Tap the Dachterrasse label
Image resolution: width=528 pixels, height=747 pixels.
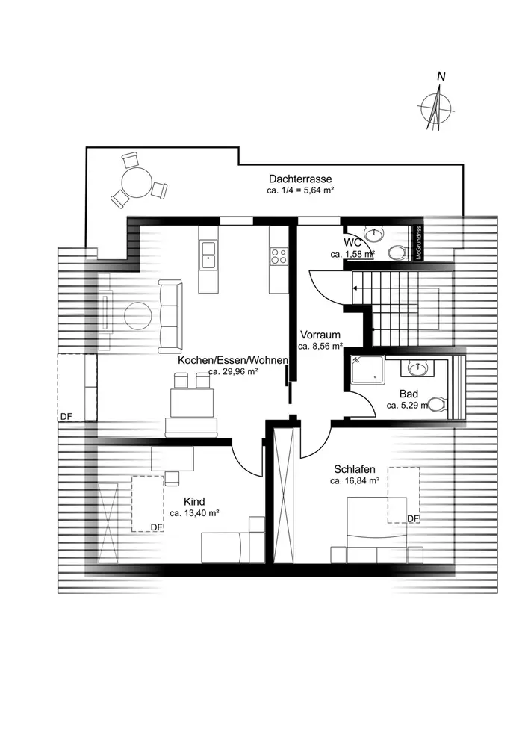coord(300,179)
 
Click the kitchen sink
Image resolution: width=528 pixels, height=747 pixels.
coord(208,260)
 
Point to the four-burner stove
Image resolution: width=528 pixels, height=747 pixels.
coord(279,256)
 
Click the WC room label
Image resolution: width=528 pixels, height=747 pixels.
coord(352,244)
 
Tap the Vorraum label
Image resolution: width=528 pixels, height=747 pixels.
coord(320,335)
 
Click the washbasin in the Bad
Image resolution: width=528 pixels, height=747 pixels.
coord(418,368)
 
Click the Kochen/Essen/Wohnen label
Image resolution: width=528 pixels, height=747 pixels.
coord(233,360)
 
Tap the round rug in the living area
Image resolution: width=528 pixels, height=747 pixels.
coord(139,315)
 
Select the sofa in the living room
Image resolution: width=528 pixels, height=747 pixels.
coord(170,316)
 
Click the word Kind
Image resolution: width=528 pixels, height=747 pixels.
coord(193,502)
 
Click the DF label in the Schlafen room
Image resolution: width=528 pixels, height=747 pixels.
coord(413,518)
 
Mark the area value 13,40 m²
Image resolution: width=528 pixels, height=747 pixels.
coord(193,514)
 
